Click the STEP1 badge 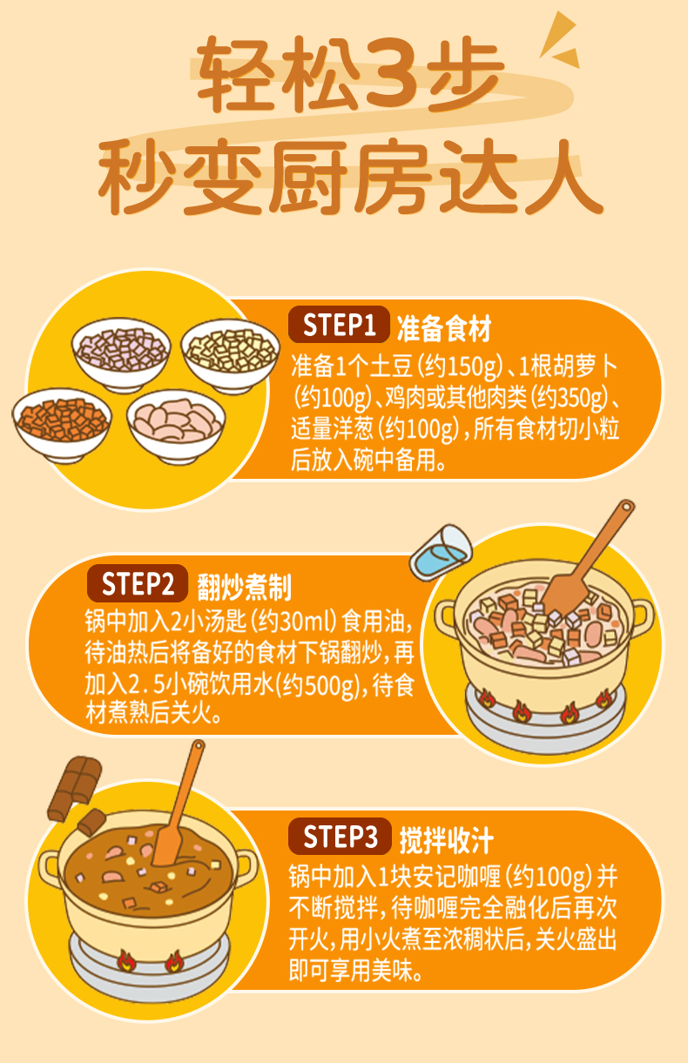coord(339,326)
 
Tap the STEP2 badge coord(138,584)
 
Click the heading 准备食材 coord(444,328)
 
